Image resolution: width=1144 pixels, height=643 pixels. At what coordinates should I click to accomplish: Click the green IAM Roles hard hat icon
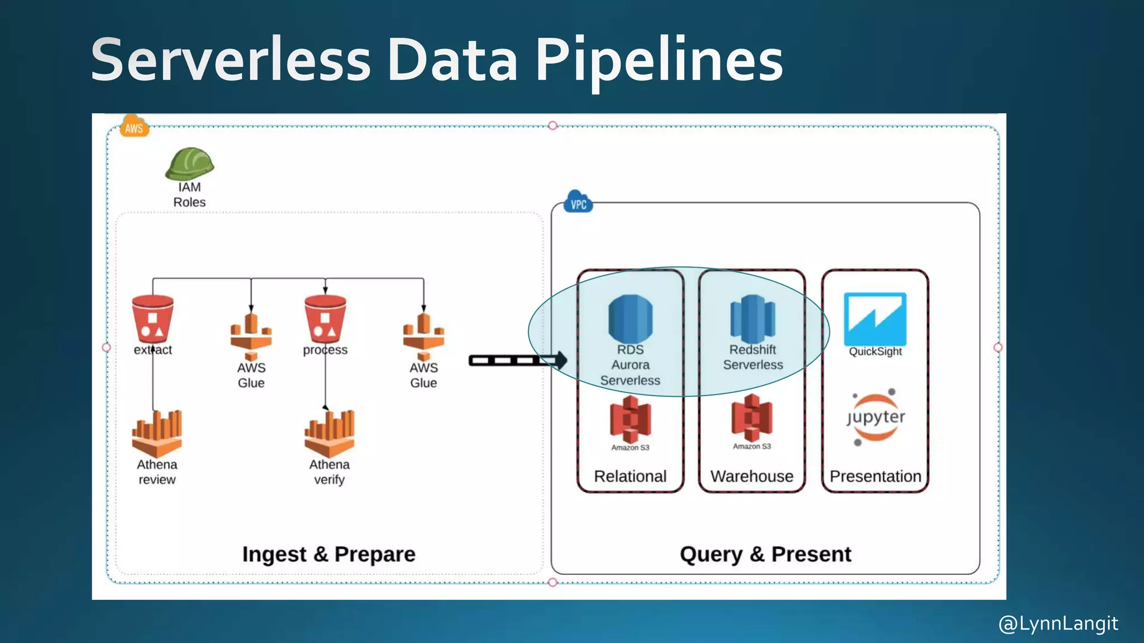point(189,163)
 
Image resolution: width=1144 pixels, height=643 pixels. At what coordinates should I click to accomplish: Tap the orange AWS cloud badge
point(134,128)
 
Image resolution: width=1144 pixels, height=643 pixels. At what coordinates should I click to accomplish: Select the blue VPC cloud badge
point(578,204)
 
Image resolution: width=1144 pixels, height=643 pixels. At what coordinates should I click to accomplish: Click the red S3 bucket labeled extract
point(152,319)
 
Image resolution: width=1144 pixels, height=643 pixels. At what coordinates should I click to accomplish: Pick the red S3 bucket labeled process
point(325,319)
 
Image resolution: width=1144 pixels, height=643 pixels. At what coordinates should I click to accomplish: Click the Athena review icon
point(157,434)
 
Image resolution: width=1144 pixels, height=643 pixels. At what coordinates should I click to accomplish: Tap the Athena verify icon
point(329,434)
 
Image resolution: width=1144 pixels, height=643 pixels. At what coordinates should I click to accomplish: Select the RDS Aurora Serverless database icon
point(630,319)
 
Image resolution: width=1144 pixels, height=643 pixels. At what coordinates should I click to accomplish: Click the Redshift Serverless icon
point(752,319)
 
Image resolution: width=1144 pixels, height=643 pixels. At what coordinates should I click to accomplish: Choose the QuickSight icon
point(875,319)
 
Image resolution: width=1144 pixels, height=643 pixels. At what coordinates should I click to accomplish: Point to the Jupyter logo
point(875,418)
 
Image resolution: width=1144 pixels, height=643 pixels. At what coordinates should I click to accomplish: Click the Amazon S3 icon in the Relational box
point(630,419)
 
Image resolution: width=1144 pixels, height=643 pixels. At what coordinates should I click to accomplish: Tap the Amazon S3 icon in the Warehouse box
point(752,418)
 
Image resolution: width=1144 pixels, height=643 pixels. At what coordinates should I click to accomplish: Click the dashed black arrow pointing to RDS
point(517,361)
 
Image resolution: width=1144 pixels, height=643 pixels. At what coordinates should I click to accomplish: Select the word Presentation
point(875,476)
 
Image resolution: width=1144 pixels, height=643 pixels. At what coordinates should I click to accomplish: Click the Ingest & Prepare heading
point(329,554)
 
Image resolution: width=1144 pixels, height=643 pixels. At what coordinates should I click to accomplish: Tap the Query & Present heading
point(765,554)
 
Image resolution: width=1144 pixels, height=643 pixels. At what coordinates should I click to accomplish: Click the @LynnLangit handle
point(1058,623)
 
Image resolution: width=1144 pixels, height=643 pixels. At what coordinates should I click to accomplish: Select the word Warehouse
point(752,476)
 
